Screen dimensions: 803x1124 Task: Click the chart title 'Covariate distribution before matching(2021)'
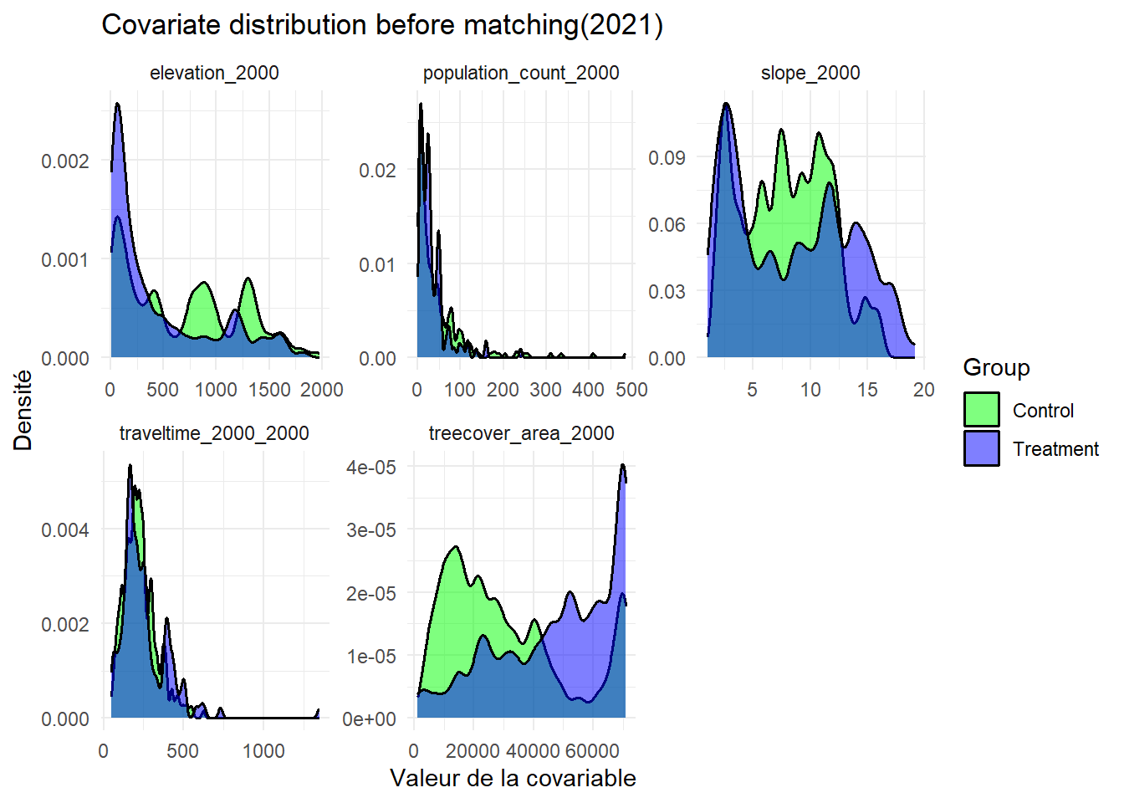[382, 25]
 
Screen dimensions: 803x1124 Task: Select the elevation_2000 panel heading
[214, 73]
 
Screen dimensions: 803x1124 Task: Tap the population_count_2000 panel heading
[521, 73]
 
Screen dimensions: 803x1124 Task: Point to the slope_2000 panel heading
[810, 73]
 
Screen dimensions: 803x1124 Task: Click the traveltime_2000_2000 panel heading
[214, 433]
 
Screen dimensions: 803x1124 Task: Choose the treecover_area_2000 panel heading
[521, 433]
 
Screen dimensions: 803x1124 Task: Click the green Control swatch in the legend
[981, 410]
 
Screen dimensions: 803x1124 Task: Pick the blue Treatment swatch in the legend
[981, 448]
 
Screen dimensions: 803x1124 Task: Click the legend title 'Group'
[996, 368]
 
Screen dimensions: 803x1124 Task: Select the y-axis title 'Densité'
[23, 410]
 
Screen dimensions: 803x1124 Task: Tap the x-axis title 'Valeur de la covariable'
[513, 779]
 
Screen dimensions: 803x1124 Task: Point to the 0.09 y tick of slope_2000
[667, 157]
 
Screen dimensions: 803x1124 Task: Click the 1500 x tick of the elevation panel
[269, 390]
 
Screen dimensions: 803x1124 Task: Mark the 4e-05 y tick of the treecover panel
[371, 467]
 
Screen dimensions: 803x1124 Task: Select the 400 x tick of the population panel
[588, 390]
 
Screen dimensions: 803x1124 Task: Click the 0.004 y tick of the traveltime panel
[65, 529]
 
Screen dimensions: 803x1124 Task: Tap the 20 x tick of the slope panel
[923, 390]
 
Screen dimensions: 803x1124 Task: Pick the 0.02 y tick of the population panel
[377, 171]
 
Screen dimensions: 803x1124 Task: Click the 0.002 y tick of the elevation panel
[65, 161]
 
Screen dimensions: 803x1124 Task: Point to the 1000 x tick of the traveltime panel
[263, 751]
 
